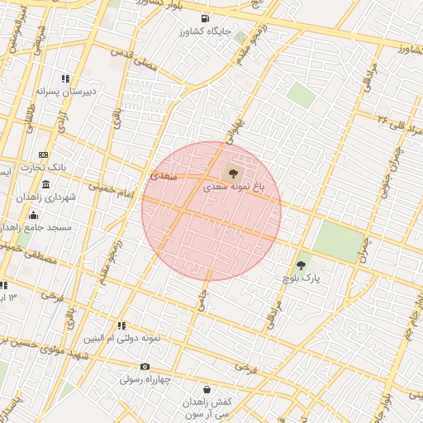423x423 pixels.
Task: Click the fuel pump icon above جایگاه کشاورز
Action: pos(204,18)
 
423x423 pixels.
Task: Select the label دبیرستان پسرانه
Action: pos(66,92)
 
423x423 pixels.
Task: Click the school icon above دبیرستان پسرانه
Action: pos(65,79)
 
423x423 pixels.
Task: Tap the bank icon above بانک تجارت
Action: pos(44,154)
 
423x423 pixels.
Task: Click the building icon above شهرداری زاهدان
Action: pos(45,184)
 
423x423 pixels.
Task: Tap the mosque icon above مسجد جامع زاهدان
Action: pos(32,216)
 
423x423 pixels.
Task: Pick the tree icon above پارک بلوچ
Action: pos(300,266)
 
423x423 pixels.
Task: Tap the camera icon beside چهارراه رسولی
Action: pos(145,367)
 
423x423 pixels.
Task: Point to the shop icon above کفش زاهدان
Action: pos(206,389)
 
